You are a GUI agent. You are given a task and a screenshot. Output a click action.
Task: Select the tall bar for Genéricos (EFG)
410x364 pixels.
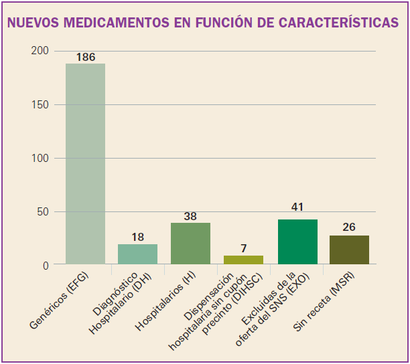[x=85, y=164]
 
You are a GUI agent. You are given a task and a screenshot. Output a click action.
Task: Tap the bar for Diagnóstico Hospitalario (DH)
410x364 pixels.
[x=137, y=254]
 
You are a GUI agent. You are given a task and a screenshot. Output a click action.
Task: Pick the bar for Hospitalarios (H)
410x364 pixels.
[x=190, y=244]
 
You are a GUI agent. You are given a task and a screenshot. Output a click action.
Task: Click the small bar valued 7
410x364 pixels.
[x=243, y=260]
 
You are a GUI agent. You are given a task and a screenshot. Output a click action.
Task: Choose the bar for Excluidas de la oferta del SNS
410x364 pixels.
[x=297, y=242]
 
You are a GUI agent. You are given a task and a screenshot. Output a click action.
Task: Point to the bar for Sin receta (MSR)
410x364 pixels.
[x=349, y=250]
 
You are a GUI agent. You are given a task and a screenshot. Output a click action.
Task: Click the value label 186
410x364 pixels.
[x=85, y=57]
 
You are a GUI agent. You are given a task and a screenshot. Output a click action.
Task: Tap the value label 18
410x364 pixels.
[x=137, y=236]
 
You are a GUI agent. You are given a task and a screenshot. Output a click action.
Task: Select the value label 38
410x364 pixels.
[x=190, y=216]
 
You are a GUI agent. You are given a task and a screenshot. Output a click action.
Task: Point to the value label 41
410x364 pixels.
[x=297, y=207]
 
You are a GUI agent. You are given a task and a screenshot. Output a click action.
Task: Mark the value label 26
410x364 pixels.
[x=349, y=227]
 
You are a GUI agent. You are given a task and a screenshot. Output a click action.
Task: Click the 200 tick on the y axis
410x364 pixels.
[x=40, y=51]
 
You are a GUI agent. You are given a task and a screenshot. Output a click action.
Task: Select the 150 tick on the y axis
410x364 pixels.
[x=40, y=104]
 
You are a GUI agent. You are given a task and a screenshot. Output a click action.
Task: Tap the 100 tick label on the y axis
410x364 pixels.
[x=40, y=158]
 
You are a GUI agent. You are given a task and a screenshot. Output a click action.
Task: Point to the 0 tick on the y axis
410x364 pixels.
[x=46, y=265]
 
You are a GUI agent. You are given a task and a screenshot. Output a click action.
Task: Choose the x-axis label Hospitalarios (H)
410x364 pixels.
[x=167, y=300]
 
